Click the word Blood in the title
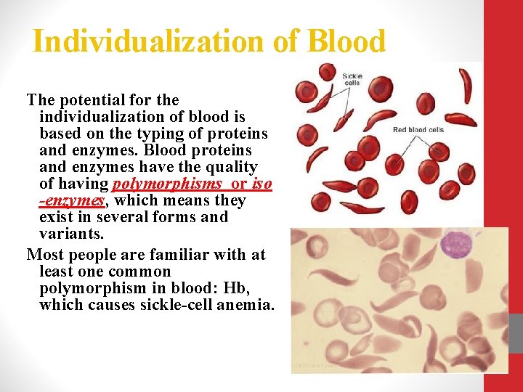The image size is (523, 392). click(346, 41)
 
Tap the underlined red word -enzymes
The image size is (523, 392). click(72, 201)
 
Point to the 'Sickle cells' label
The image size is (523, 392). click(352, 78)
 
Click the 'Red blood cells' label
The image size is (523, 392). click(418, 130)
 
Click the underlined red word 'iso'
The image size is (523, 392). click(261, 184)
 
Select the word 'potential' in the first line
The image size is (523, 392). click(92, 100)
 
